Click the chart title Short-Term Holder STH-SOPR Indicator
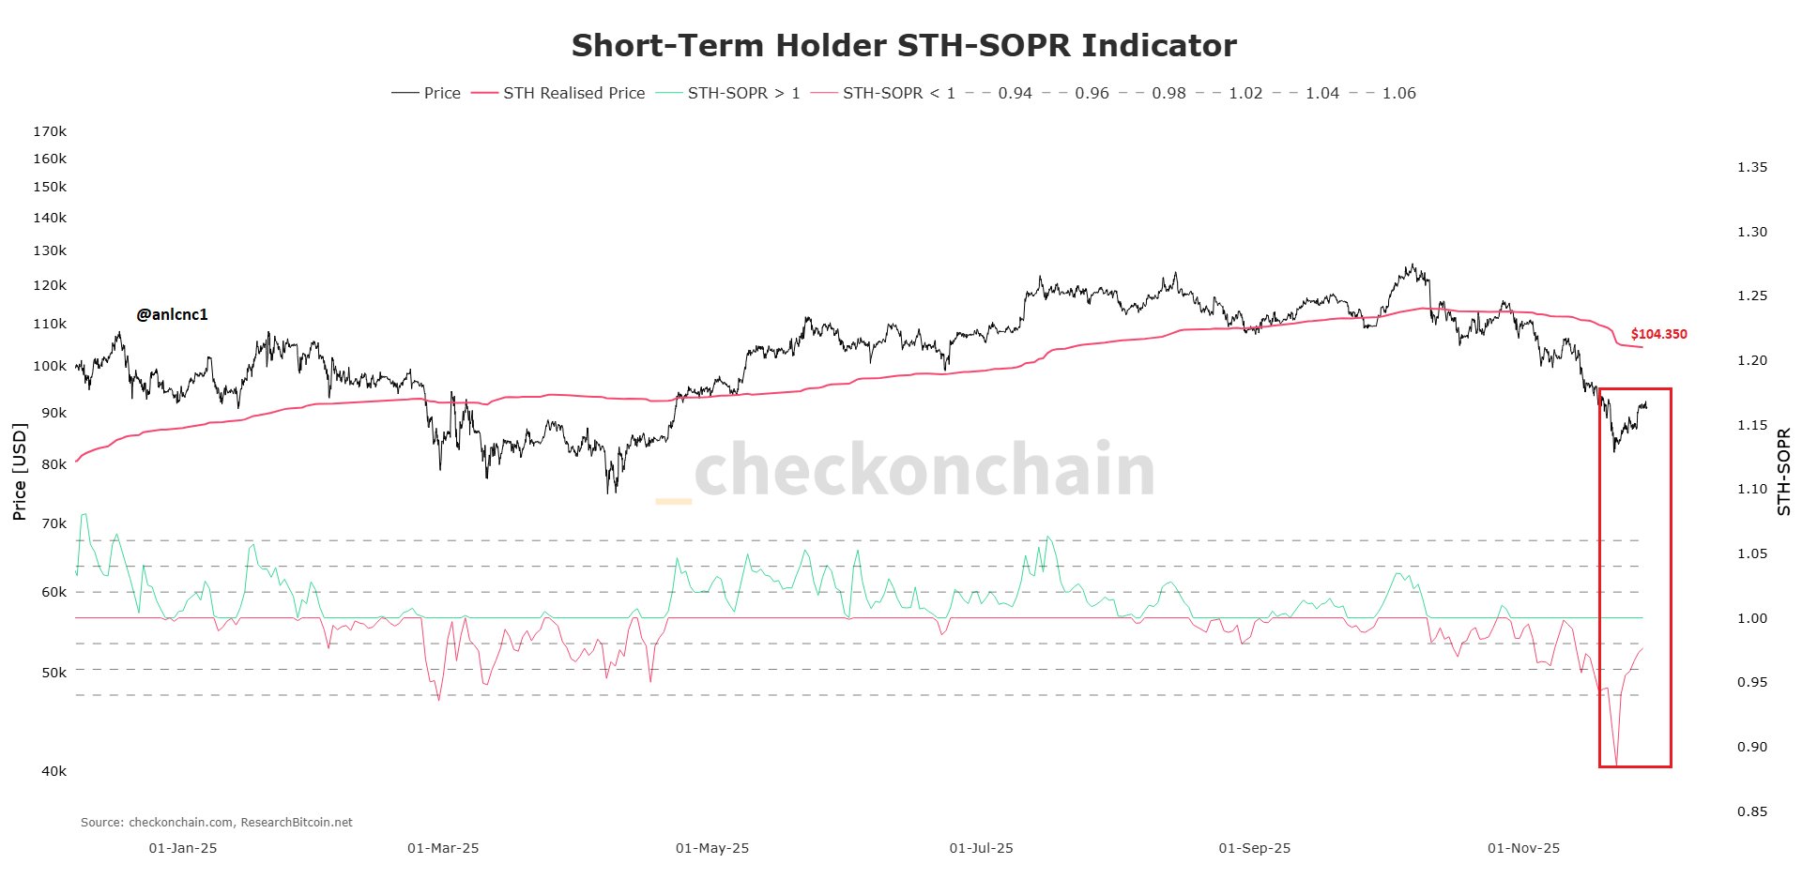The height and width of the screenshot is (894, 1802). pos(904,46)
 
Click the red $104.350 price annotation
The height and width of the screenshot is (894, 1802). pos(1658,334)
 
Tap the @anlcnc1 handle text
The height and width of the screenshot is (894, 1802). pos(172,314)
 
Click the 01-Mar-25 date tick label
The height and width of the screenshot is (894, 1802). pos(443,848)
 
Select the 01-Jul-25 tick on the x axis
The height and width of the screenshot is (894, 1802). pos(981,848)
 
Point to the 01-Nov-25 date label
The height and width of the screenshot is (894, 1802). pos(1523,848)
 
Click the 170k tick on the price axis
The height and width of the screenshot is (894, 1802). pos(50,131)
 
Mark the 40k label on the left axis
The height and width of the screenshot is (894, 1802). pos(53,771)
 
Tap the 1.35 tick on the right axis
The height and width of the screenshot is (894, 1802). pos(1751,167)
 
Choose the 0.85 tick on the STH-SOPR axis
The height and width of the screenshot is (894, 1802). pos(1751,811)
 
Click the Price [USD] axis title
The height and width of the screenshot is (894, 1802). pos(20,472)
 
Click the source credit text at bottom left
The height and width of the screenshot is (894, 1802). pos(217,823)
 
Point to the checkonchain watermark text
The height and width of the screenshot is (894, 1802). pos(924,470)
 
